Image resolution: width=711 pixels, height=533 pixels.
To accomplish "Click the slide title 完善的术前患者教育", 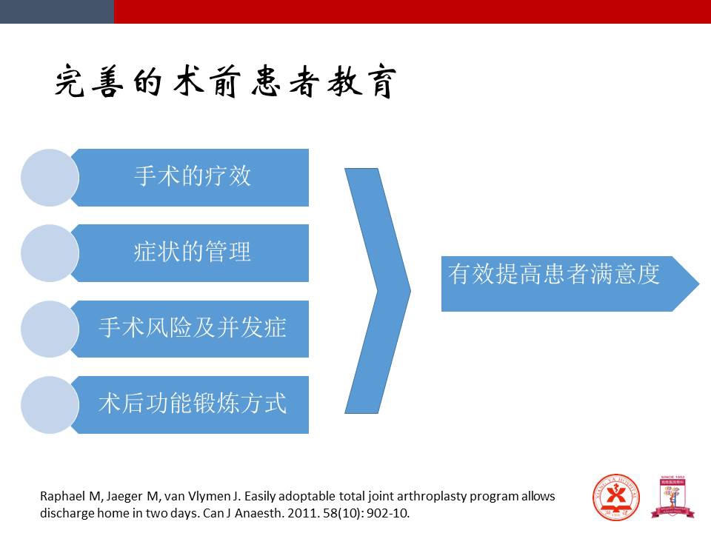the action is tap(225, 81).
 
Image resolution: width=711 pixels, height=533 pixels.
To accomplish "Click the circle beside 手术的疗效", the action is tap(50, 178).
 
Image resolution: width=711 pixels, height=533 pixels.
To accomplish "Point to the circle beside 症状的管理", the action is tap(50, 253).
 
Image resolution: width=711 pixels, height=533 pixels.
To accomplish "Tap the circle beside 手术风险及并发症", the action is tap(50, 329).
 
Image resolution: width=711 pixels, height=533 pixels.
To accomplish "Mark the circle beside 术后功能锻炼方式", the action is tap(50, 405).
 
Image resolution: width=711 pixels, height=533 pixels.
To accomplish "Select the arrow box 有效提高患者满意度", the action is tap(570, 284).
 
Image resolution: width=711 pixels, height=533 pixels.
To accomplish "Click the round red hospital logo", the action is tap(615, 497).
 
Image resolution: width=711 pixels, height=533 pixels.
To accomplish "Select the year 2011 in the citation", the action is tap(298, 513).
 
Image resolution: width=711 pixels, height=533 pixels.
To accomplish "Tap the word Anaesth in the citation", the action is tap(258, 513).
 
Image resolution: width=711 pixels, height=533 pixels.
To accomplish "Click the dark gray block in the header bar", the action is tap(57, 12).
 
